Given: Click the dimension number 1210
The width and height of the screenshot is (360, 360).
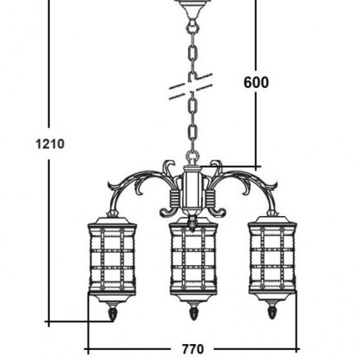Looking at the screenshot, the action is click(50, 144).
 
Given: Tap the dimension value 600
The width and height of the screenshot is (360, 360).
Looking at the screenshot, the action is click(256, 83).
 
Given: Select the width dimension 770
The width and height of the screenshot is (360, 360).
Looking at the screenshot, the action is click(193, 349).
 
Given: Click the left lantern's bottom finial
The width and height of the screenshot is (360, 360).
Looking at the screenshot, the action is click(112, 312).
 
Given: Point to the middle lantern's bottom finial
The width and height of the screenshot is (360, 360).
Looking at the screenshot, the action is click(193, 311).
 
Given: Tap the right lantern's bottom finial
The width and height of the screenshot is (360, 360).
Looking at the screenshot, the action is click(271, 311).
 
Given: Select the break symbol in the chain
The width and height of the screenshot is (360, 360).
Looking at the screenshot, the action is click(191, 86).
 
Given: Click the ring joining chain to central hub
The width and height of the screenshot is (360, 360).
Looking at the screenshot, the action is click(192, 157).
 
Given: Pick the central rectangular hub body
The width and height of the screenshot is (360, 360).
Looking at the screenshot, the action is click(192, 189).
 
